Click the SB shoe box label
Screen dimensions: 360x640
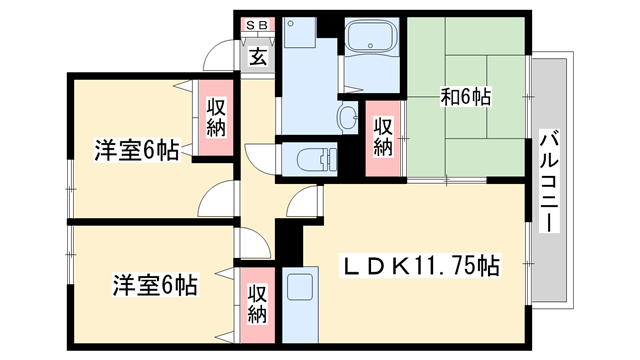(256, 27)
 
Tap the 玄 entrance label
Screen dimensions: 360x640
(257, 57)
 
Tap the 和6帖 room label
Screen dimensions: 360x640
(465, 97)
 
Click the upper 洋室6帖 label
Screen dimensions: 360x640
(136, 151)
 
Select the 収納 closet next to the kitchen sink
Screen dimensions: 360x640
(257, 306)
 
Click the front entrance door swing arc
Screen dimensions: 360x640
(220, 55)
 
